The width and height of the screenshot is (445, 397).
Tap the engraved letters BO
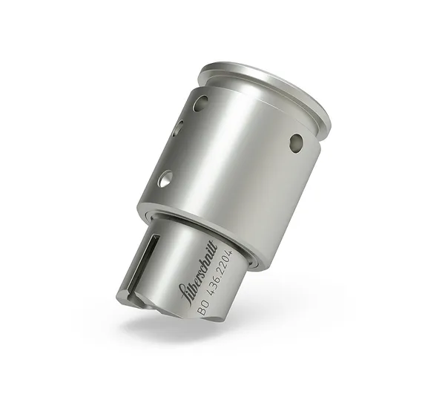click(203, 308)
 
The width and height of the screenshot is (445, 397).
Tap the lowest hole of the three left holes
click(165, 178)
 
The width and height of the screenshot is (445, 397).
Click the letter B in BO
click(200, 312)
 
